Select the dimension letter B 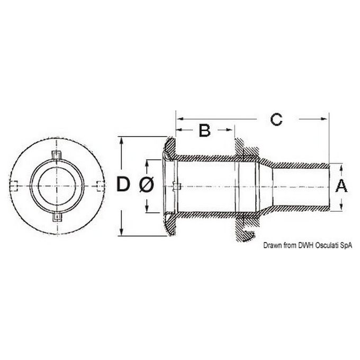coord(204,130)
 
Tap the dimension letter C coord(275,119)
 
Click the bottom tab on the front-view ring coord(57,217)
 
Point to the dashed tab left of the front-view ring coord(15,185)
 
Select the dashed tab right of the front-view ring coord(100,185)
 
